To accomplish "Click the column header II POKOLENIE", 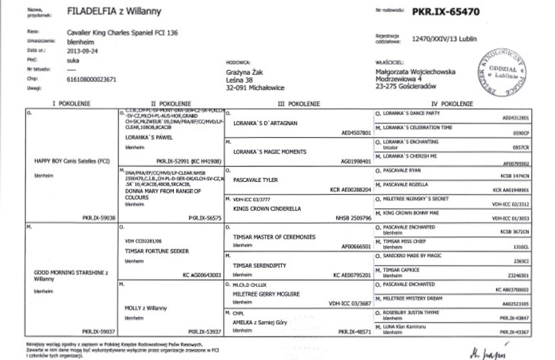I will click(171, 104).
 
